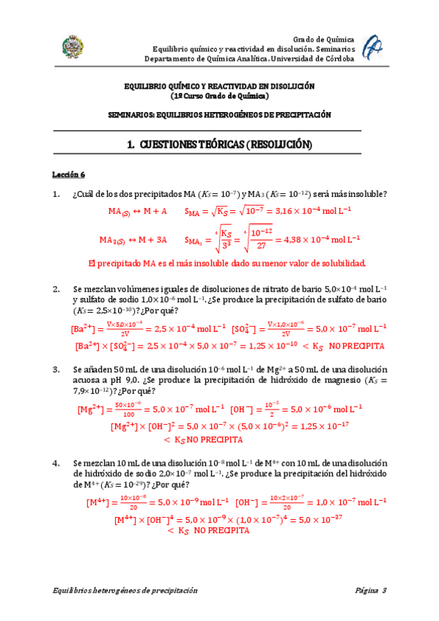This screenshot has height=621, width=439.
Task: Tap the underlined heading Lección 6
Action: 68,175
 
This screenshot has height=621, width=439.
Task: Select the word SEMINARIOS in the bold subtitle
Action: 139,115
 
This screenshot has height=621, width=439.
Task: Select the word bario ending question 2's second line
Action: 375,300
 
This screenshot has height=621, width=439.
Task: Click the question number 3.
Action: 55,370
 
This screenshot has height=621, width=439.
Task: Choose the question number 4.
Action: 55,464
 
